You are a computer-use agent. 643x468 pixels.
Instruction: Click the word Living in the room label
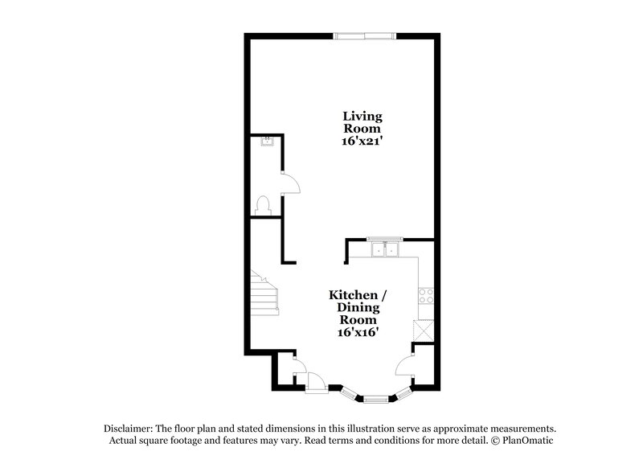point(363,117)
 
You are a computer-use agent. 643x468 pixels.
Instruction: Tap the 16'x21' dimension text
point(363,141)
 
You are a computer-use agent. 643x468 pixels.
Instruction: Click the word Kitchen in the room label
point(350,294)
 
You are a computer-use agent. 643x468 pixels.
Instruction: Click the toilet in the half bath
point(262,205)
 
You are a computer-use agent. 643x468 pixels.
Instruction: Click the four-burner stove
point(426,295)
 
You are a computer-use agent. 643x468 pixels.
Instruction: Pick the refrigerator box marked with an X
point(424,330)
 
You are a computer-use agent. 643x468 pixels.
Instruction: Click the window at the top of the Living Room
point(365,35)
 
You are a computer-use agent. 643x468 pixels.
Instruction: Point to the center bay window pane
point(375,398)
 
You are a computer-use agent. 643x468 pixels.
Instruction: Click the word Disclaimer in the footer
point(128,428)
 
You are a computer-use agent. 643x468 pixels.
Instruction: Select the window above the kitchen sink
point(384,239)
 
